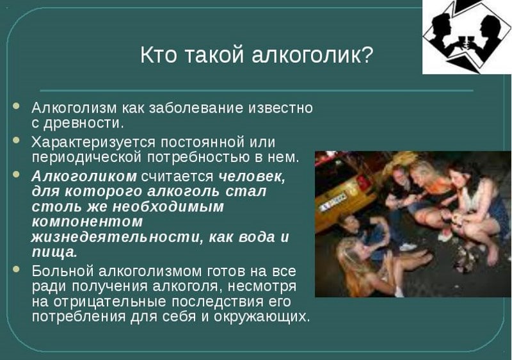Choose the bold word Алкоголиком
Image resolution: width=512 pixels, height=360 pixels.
[x=84, y=176]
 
